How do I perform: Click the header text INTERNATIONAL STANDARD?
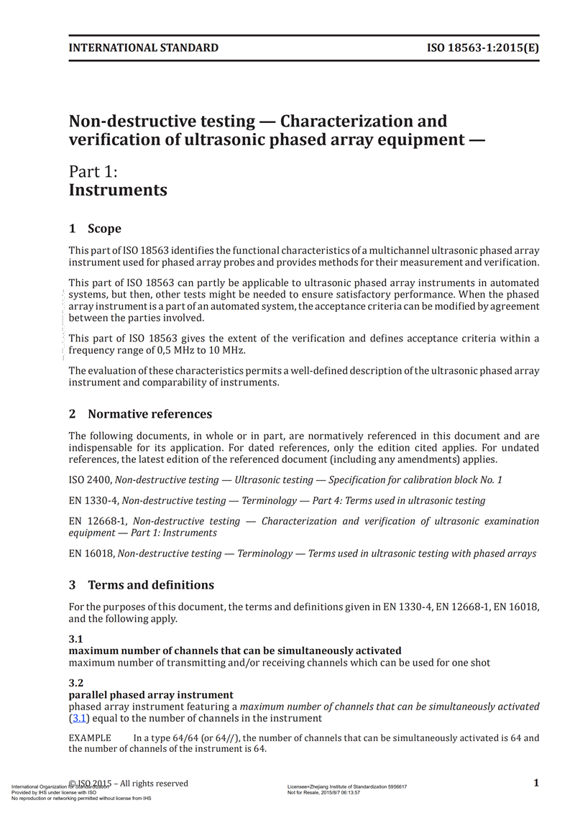143,48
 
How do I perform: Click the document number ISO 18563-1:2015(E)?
483,48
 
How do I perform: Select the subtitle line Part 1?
93,172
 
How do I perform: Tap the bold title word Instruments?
118,190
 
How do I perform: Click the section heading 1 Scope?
95,229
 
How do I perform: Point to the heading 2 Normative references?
140,414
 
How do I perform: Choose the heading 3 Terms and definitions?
141,584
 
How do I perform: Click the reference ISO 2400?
90,479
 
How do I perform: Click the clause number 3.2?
76,683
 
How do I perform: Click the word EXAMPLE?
90,738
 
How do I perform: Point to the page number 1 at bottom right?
536,783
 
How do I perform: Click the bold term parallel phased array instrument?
151,695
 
